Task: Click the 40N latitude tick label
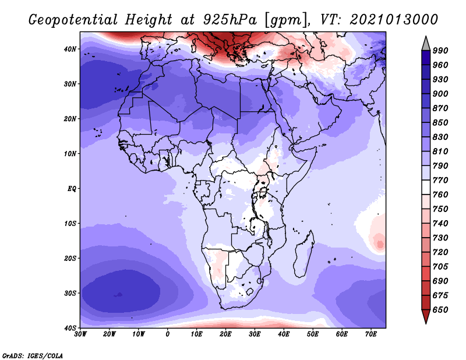tap(70, 49)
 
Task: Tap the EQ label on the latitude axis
tap(72, 189)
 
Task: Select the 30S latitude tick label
tap(70, 294)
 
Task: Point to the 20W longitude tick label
tap(110, 334)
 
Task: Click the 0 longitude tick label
tap(168, 334)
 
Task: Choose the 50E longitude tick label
tap(313, 334)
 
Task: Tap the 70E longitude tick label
tap(371, 334)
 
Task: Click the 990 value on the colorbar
tap(440, 51)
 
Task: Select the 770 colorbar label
tap(440, 180)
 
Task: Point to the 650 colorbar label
tap(440, 310)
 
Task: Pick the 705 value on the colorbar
tap(440, 267)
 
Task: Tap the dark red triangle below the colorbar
tap(426, 316)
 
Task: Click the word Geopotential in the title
tap(73, 20)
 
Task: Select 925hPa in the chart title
tap(230, 20)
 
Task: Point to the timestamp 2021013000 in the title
tap(394, 20)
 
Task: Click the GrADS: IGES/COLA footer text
tap(33, 356)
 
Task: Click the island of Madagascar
tap(303, 255)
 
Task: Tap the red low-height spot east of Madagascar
tap(380, 244)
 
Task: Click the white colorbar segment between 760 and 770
tap(426, 188)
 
